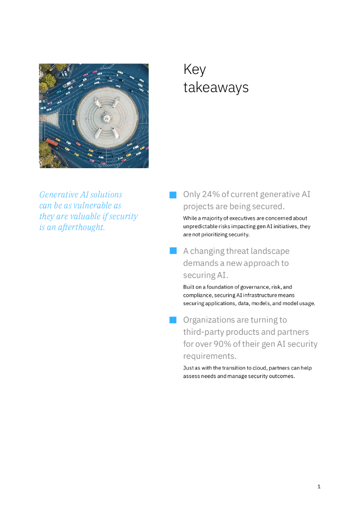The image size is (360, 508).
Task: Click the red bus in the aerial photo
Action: [x=52, y=142]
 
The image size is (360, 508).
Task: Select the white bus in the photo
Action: [x=69, y=83]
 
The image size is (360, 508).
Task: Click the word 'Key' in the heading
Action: [x=194, y=69]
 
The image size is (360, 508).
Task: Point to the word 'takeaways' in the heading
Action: [x=216, y=88]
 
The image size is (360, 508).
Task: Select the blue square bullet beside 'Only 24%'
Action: [x=173, y=195]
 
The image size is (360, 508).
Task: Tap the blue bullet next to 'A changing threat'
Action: [x=173, y=251]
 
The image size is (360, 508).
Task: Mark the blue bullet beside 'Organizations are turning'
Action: [x=173, y=320]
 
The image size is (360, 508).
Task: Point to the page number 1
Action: [x=319, y=486]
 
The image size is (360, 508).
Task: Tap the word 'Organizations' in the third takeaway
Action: [x=208, y=320]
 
